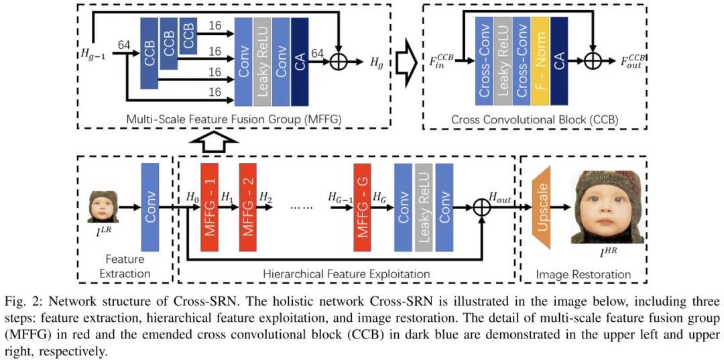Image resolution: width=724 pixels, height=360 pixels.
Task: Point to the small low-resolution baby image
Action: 105,206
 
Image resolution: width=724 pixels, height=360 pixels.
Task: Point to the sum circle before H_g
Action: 340,61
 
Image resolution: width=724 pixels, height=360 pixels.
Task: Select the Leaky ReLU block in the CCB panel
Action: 503,60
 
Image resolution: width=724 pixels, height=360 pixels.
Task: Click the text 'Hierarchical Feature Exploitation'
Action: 346,274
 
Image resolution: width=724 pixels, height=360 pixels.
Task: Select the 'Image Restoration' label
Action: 583,274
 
